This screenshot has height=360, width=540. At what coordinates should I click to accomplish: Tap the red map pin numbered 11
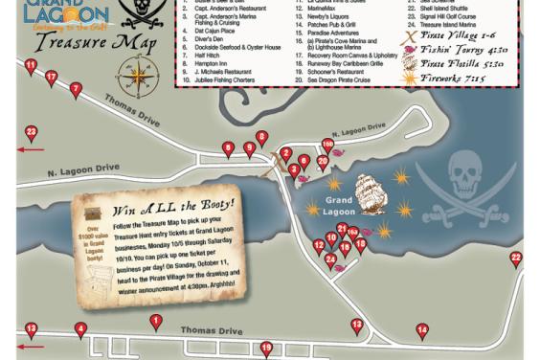tap(31, 66)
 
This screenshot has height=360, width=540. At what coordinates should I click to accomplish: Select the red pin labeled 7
tap(75, 89)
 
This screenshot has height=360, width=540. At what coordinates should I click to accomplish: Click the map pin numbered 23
tap(31, 132)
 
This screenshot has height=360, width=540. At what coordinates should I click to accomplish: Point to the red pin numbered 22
tap(516, 259)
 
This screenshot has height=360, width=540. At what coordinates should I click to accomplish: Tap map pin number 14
tap(421, 330)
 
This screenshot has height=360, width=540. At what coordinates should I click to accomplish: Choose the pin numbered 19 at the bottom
tap(266, 349)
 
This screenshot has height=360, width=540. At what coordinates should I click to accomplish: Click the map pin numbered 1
tap(154, 321)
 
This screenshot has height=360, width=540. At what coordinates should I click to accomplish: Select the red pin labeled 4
tap(80, 330)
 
